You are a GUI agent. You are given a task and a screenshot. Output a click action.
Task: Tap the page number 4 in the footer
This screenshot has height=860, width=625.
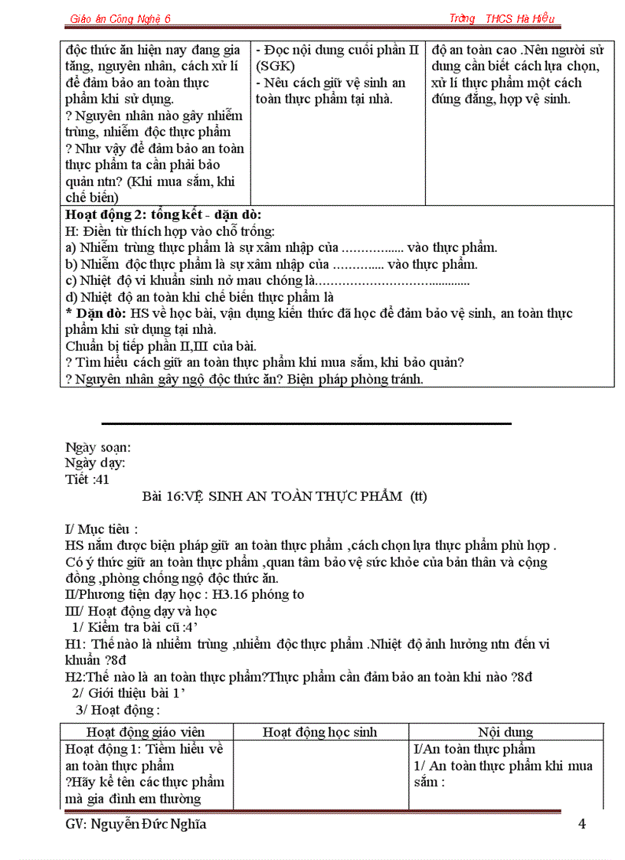coord(581,824)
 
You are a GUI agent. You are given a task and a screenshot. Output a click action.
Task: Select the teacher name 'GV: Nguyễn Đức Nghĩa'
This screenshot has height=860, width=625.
coord(136,824)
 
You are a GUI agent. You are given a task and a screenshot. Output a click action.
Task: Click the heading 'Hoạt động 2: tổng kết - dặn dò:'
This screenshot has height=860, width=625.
coord(164,215)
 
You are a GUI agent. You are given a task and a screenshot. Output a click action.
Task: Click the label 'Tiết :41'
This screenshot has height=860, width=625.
coord(87,479)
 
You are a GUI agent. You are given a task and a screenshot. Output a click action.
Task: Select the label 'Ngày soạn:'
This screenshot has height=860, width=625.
coord(98,447)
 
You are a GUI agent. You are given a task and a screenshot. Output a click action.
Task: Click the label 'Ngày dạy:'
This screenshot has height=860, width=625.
coord(96,463)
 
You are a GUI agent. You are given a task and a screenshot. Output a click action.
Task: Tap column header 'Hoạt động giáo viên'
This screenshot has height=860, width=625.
coord(146,732)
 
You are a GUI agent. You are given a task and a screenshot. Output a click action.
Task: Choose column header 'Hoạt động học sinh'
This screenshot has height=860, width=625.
coord(320,732)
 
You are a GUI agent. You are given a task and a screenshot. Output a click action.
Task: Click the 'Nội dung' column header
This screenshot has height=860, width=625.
coord(506,732)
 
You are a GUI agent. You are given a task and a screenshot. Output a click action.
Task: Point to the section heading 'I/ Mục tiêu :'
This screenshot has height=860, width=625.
coord(102,529)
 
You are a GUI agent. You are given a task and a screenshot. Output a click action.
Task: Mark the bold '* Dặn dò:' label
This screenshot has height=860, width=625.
coord(96,314)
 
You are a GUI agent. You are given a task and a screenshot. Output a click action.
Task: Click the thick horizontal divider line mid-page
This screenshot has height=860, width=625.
coord(306,423)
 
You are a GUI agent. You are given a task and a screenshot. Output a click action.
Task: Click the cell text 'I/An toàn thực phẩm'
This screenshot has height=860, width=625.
coord(474,750)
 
